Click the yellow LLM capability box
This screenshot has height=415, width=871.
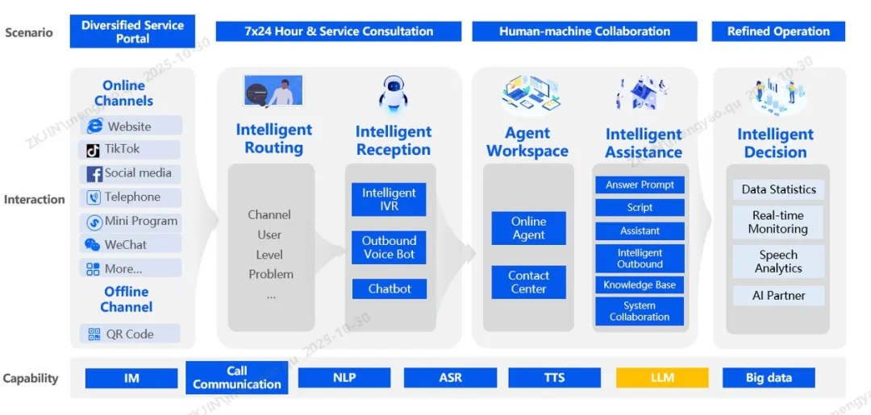pyautogui.click(x=662, y=378)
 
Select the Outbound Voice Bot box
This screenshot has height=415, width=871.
pyautogui.click(x=389, y=247)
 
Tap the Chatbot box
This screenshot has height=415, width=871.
pyautogui.click(x=389, y=288)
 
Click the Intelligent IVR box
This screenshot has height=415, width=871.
pyautogui.click(x=389, y=199)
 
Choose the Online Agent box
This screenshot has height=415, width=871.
pyautogui.click(x=528, y=228)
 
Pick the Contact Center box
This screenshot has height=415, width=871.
pyautogui.click(x=528, y=282)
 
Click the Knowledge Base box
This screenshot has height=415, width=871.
pyautogui.click(x=640, y=285)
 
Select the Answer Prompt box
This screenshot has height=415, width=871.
pyautogui.click(x=640, y=185)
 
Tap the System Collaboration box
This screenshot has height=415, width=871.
pyautogui.click(x=640, y=311)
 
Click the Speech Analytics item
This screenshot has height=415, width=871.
pyautogui.click(x=778, y=262)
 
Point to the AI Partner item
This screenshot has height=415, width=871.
pyautogui.click(x=778, y=296)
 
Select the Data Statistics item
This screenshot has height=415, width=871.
pyautogui.click(x=778, y=189)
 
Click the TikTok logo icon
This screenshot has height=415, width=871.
pyautogui.click(x=94, y=150)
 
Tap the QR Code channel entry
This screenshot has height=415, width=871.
pyautogui.click(x=130, y=334)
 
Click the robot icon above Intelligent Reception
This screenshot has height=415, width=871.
pyautogui.click(x=394, y=93)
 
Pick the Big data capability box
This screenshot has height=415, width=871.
pyautogui.click(x=768, y=378)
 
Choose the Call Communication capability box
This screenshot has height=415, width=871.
pyautogui.click(x=236, y=377)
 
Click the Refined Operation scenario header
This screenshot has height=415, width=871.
pyautogui.click(x=778, y=31)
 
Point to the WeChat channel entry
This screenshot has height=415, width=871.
pyautogui.click(x=130, y=245)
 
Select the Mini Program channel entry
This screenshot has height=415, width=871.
pyautogui.click(x=130, y=222)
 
